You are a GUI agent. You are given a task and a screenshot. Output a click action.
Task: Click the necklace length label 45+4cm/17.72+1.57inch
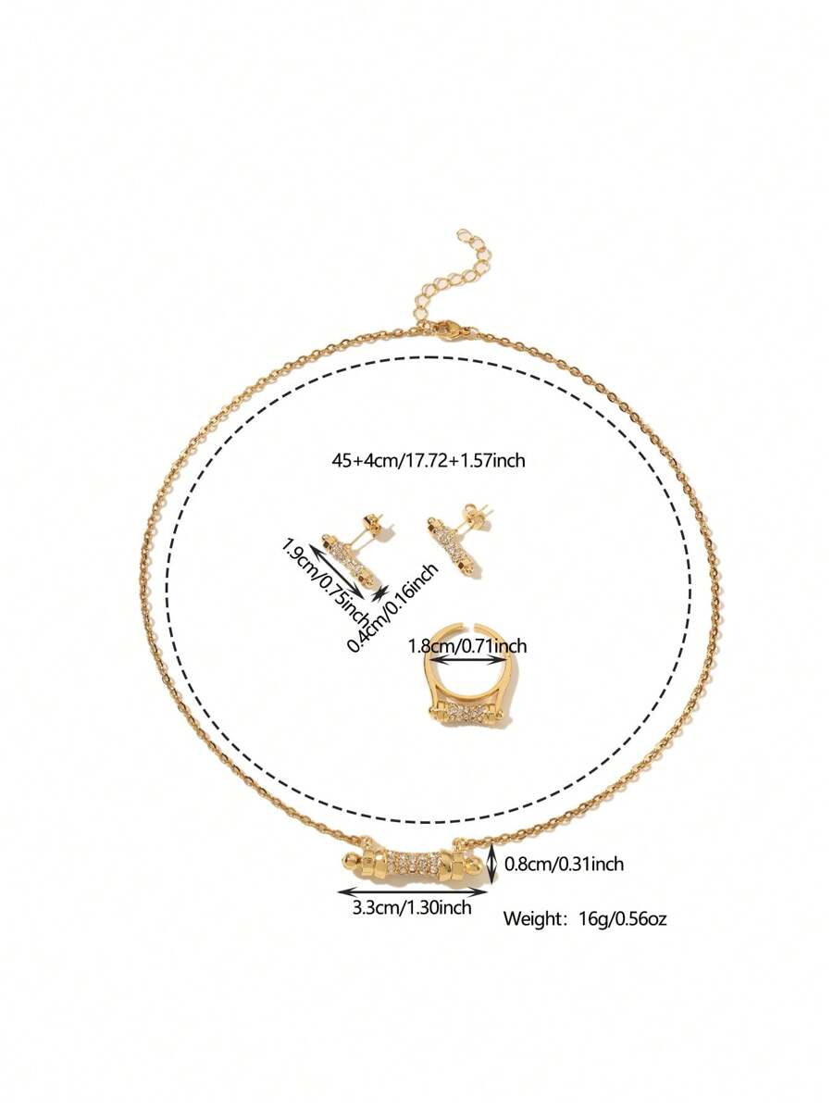point(429,459)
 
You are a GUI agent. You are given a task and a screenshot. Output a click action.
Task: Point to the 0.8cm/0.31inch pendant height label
point(564,865)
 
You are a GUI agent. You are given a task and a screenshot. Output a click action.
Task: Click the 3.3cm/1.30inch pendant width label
point(412,908)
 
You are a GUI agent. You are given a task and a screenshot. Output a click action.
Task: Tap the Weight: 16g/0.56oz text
point(585,919)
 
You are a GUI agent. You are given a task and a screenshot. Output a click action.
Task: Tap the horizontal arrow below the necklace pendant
point(412,891)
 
